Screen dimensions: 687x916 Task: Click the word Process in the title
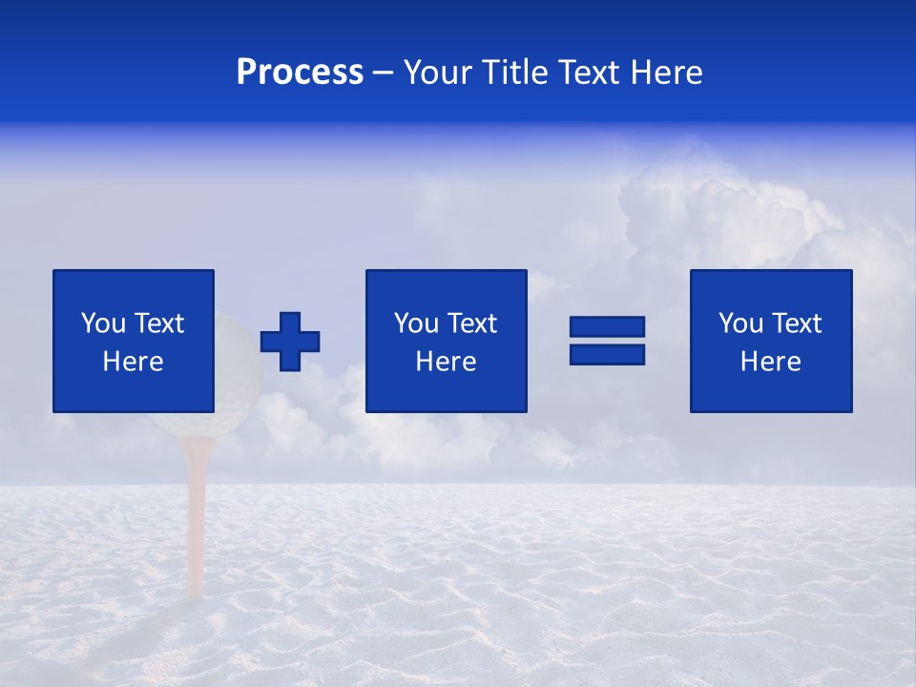(300, 73)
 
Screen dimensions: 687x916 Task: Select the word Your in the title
(438, 73)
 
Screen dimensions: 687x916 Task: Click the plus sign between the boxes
(290, 341)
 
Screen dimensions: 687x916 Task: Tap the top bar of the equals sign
(607, 326)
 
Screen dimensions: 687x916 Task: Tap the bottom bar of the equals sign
(607, 354)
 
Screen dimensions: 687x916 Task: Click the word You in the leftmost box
(103, 323)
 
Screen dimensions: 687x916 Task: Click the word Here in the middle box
(446, 362)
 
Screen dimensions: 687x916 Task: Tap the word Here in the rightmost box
(770, 362)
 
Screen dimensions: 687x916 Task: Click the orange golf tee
(197, 515)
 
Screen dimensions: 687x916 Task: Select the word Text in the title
(585, 73)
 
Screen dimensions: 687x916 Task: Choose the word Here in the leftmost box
(133, 362)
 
